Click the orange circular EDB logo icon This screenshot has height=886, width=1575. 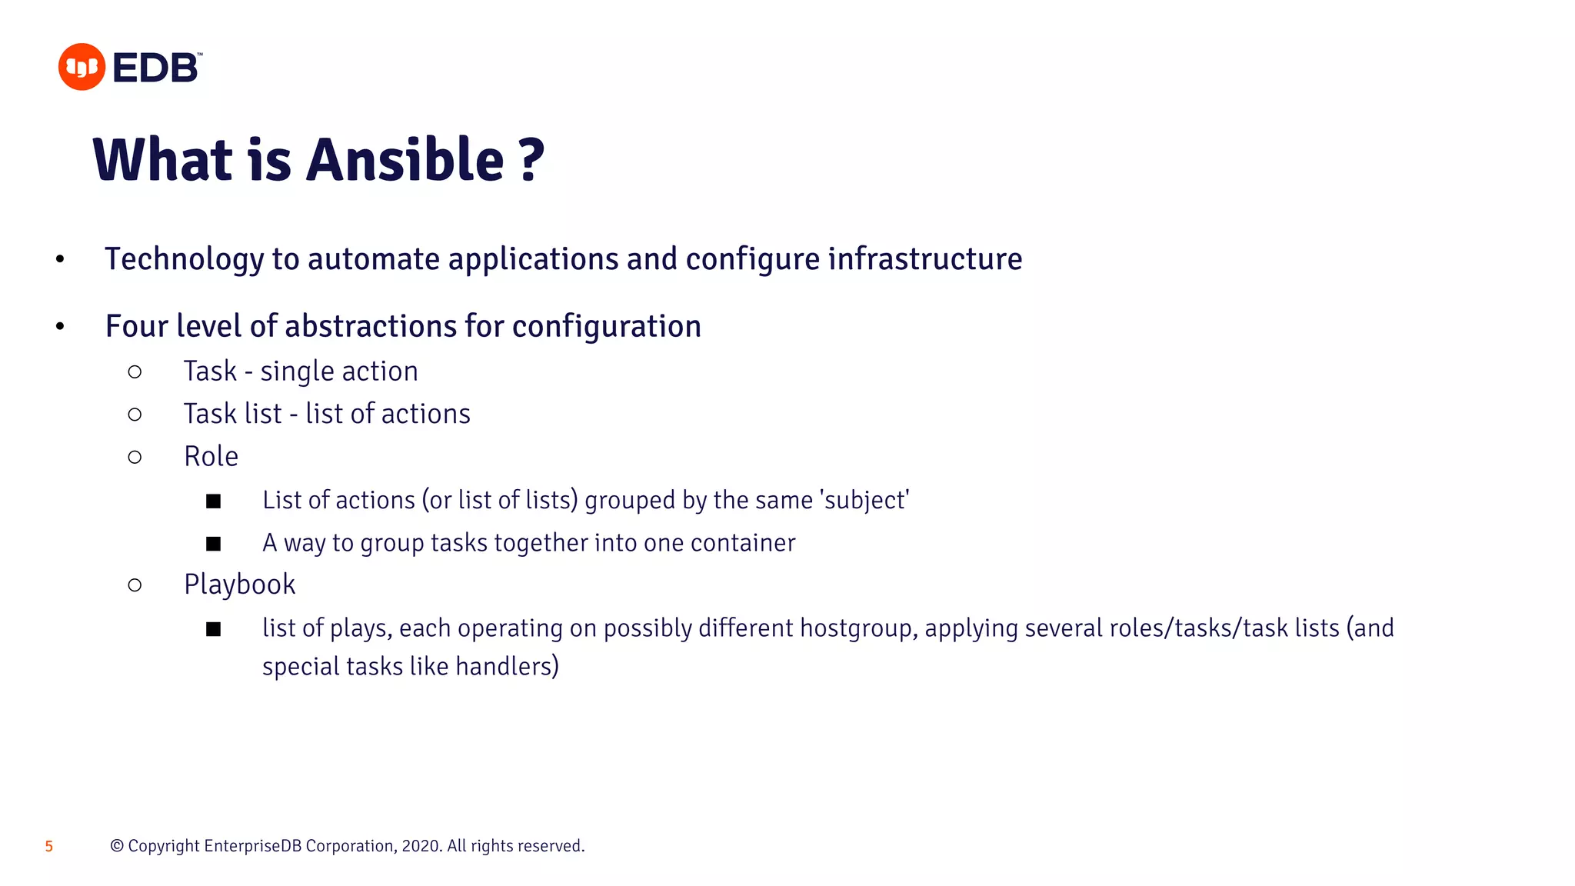point(82,67)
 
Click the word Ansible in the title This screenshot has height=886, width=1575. point(405,160)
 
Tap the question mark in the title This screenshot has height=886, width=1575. point(531,160)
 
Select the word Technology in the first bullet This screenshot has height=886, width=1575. point(185,260)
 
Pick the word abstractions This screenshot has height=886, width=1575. point(371,326)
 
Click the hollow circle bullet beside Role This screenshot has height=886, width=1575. point(135,458)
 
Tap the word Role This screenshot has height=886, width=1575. point(211,457)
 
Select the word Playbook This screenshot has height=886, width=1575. point(239,585)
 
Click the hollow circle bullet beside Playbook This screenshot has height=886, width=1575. point(135,585)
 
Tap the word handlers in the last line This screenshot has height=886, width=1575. point(507,666)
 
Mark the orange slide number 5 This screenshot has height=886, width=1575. point(49,847)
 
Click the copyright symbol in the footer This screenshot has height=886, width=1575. point(117,846)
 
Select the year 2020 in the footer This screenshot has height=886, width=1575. point(421,846)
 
